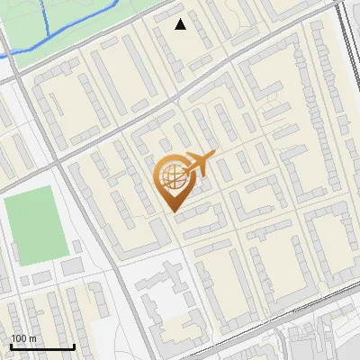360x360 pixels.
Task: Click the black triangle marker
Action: pyautogui.click(x=181, y=24)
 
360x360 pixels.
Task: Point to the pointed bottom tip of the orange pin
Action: pyautogui.click(x=172, y=211)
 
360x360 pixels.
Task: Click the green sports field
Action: pyautogui.click(x=36, y=226)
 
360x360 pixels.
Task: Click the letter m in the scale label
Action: pyautogui.click(x=32, y=338)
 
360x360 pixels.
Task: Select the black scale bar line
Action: pyautogui.click(x=42, y=347)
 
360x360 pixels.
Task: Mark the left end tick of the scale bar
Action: pyautogui.click(x=11, y=346)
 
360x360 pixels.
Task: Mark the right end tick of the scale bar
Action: pyautogui.click(x=74, y=346)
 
